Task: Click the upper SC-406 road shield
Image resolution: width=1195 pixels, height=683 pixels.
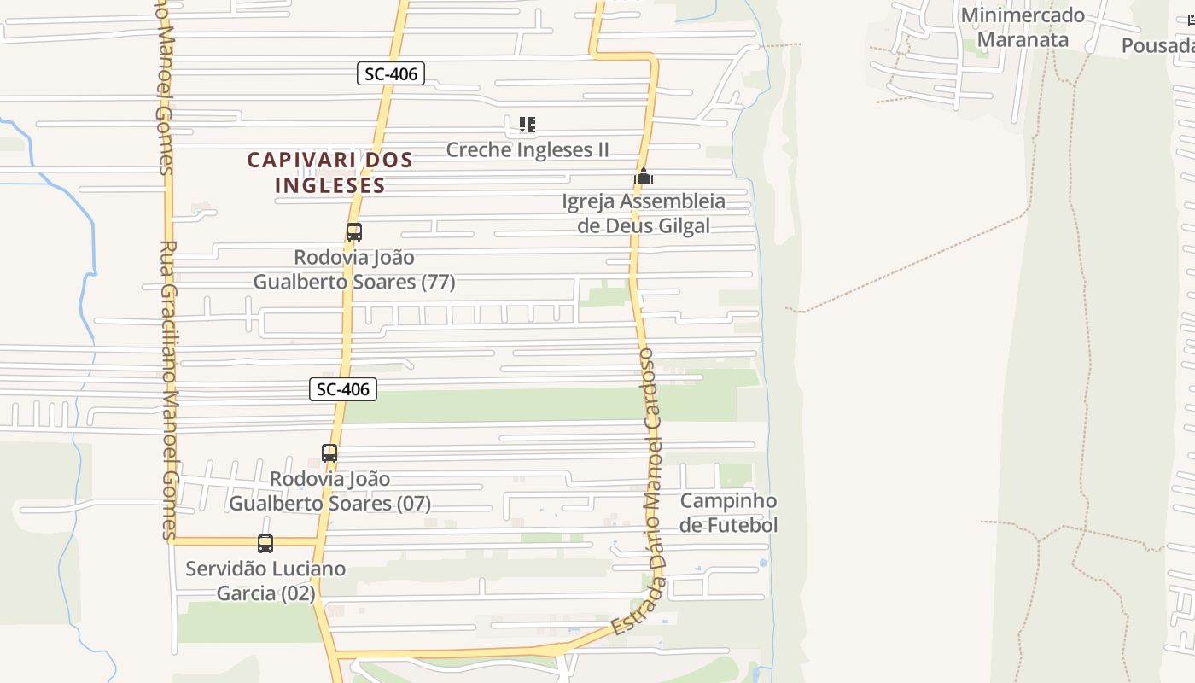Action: [x=391, y=74]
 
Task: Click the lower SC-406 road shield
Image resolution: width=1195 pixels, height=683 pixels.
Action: [x=342, y=390]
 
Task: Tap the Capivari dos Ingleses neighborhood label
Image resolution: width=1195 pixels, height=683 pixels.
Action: [x=329, y=172]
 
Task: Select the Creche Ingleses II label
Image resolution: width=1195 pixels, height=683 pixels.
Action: [x=528, y=150]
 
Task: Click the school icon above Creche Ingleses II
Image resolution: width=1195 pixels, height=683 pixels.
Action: [x=528, y=126]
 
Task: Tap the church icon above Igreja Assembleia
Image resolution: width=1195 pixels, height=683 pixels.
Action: [x=644, y=177]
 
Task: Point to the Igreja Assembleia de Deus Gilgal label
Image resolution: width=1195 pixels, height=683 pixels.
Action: [x=644, y=213]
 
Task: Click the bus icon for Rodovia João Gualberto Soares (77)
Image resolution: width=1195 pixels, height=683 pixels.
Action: [x=353, y=231]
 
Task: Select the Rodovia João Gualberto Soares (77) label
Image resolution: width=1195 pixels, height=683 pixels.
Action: [x=353, y=269]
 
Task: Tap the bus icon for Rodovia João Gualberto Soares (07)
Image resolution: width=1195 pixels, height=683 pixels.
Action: [x=329, y=453]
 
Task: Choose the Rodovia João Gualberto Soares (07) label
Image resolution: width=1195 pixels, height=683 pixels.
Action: [x=329, y=491]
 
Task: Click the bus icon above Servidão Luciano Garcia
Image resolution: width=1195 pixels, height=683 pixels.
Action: [x=265, y=543]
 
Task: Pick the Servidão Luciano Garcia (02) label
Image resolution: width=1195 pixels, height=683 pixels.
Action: [x=265, y=581]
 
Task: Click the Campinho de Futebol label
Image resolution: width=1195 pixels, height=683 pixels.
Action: [x=728, y=512]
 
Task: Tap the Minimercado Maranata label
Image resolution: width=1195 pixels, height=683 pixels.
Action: [x=1022, y=27]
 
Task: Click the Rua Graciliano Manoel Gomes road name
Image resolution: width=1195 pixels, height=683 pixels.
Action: [x=168, y=388]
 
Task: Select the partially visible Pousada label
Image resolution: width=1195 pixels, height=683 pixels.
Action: [x=1158, y=45]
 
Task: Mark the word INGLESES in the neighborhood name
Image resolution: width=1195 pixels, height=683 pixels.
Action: [x=329, y=185]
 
